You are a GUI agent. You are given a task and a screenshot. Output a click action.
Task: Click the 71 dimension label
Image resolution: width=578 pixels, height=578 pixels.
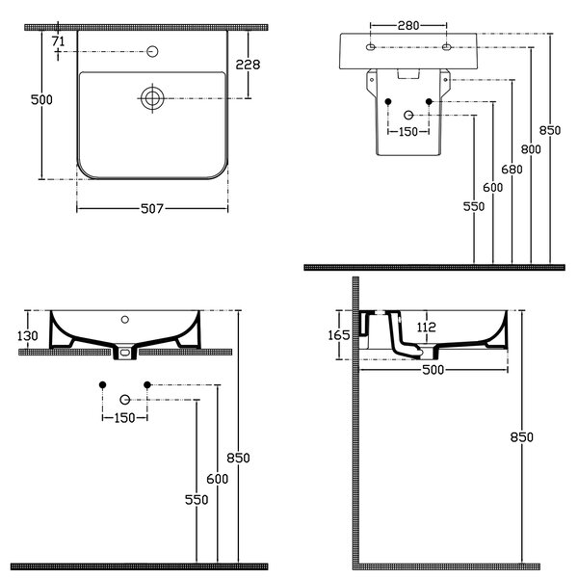58,41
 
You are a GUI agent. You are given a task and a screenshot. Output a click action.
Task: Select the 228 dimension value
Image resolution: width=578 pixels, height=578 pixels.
248,65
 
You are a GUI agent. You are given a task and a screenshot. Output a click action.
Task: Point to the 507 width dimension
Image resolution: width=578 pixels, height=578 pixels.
152,209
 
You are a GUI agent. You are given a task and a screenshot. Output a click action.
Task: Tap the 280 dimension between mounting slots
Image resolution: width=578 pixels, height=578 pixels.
408,25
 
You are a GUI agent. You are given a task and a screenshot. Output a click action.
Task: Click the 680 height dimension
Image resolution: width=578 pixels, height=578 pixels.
512,170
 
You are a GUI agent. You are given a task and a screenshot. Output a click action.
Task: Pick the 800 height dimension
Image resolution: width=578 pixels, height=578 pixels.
531,149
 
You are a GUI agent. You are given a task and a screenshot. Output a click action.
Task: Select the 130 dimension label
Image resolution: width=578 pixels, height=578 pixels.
28,336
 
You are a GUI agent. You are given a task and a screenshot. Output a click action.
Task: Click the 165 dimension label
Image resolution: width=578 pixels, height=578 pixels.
339,335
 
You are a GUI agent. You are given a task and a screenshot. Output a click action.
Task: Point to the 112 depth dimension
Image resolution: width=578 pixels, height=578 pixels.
427,327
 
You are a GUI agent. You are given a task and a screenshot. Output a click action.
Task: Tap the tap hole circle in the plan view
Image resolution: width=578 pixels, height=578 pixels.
152,52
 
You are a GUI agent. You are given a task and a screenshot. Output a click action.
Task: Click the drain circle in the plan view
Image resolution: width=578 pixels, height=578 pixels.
152,98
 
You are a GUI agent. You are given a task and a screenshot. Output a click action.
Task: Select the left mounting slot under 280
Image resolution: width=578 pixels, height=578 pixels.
371,47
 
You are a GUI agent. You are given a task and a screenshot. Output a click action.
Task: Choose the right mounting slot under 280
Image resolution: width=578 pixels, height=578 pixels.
446,47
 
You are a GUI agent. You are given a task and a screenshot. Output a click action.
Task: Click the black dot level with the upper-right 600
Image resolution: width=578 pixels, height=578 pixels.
429,101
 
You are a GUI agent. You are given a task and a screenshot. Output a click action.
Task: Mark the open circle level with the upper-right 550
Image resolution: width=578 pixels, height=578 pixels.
408,115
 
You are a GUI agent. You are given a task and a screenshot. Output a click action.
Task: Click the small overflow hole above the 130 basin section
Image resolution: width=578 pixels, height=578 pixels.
125,320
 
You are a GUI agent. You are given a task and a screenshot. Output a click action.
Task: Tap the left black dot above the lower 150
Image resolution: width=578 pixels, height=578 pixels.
102,384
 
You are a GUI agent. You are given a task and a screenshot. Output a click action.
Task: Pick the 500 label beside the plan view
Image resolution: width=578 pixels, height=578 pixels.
41,99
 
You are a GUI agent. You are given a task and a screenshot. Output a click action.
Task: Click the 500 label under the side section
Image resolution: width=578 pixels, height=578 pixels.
433,370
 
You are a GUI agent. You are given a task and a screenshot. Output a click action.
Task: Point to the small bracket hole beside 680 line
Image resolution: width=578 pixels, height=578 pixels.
446,80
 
